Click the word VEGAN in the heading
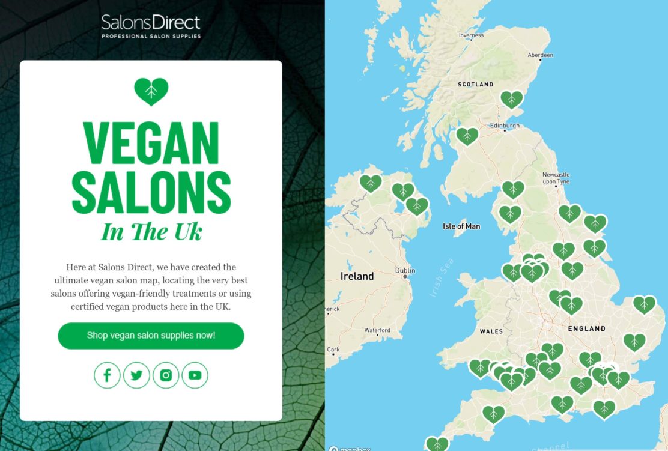point(151,144)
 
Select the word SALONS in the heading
point(151,193)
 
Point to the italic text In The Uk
point(151,232)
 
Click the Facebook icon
point(107,375)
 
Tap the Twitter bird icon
point(136,375)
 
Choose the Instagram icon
point(166,375)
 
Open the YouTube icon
point(195,375)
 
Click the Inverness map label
point(471,35)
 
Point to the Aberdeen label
point(540,55)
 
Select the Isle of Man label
point(461,226)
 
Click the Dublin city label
point(405,271)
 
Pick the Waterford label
point(377,330)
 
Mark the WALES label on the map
point(491,331)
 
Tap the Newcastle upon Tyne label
point(556,178)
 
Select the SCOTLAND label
point(475,85)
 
